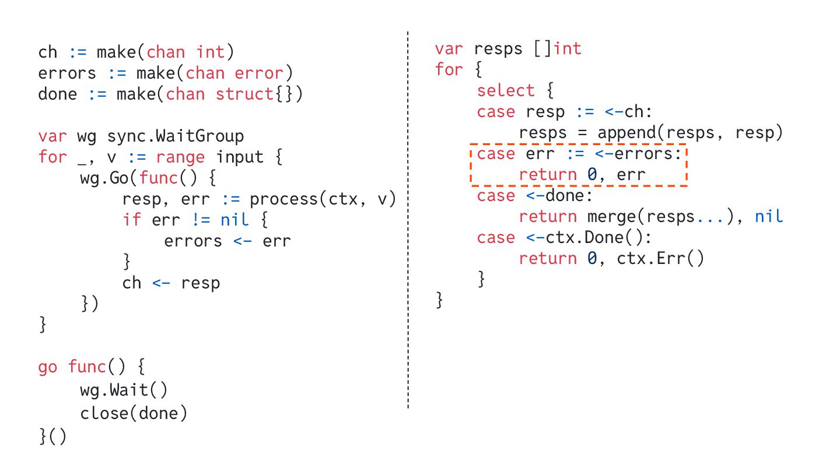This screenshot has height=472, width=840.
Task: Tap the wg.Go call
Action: (109, 178)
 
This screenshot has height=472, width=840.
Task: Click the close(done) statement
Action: (134, 413)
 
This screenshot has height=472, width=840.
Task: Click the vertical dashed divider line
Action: (408, 233)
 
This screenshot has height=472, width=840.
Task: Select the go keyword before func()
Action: (48, 367)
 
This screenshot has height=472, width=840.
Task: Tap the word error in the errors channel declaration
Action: (259, 73)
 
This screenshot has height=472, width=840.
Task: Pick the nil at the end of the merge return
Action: (768, 217)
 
